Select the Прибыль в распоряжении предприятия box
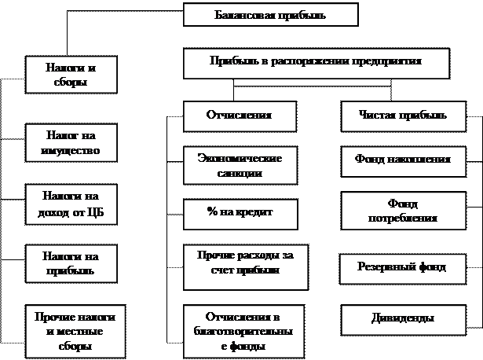[316, 63]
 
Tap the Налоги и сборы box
[71, 75]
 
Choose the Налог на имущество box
[71, 143]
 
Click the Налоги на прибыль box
[71, 263]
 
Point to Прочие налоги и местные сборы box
[75, 330]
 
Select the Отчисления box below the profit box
[239, 116]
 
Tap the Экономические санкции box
[240, 165]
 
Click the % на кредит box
[239, 213]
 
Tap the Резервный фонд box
[404, 267]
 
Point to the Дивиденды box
[402, 318]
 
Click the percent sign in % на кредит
[212, 213]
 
